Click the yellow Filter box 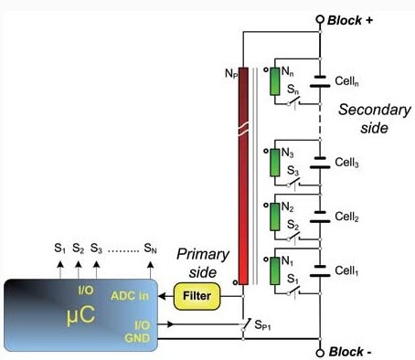197,296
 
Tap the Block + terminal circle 320,19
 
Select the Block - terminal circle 320,353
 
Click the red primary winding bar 243,176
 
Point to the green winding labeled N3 275,163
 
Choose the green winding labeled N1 275,270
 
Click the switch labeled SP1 246,324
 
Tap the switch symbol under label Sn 294,102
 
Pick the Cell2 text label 346,217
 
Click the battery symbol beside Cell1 320,271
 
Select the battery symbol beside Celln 320,81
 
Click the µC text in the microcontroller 81,315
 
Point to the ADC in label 130,296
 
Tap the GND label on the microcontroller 137,338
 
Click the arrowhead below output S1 60,264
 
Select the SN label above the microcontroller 150,249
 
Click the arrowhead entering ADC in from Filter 162,296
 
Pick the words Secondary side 375,119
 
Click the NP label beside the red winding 231,73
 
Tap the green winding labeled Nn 275,81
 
